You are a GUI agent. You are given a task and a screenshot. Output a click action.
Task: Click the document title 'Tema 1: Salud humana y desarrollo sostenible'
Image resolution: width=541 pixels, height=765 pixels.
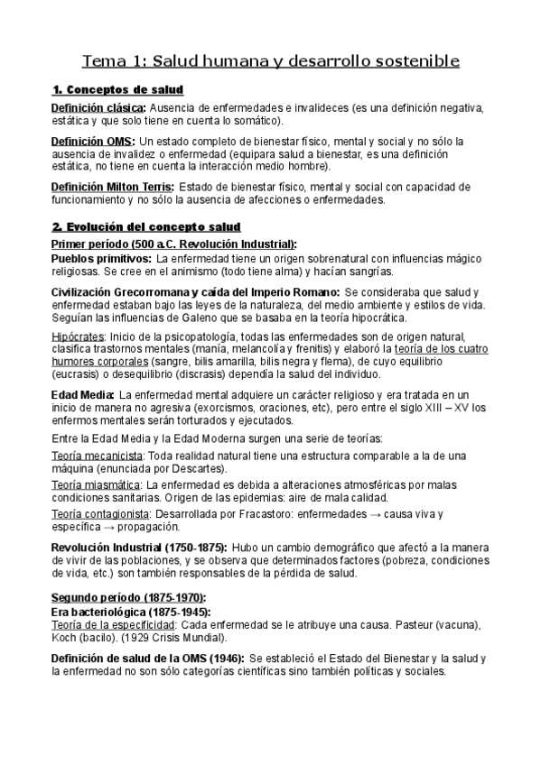271,61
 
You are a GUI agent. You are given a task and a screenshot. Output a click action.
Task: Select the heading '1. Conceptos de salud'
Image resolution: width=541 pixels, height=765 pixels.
117,89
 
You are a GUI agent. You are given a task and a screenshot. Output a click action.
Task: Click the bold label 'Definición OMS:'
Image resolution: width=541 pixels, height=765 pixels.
93,142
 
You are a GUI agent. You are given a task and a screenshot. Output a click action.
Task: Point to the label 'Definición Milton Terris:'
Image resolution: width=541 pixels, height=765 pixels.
112,187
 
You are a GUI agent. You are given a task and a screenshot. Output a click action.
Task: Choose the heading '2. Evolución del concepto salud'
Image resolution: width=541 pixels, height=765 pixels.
145,226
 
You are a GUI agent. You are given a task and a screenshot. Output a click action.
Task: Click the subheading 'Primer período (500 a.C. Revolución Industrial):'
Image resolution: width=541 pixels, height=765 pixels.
173,244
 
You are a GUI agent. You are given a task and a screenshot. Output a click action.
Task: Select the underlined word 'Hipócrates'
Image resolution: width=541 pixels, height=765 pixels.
78,336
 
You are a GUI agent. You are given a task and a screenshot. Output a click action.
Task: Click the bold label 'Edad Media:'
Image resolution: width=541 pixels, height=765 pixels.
83,394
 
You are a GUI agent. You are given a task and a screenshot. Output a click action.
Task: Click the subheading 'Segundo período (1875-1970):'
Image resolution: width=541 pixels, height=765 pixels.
128,598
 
